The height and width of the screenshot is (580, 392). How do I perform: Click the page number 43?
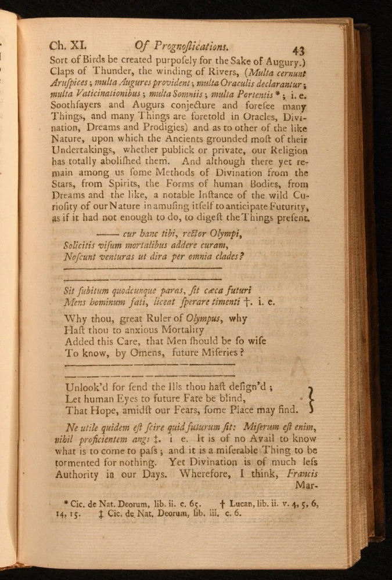point(299,50)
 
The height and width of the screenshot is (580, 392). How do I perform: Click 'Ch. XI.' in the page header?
point(68,46)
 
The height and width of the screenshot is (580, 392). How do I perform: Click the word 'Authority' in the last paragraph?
point(80,474)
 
